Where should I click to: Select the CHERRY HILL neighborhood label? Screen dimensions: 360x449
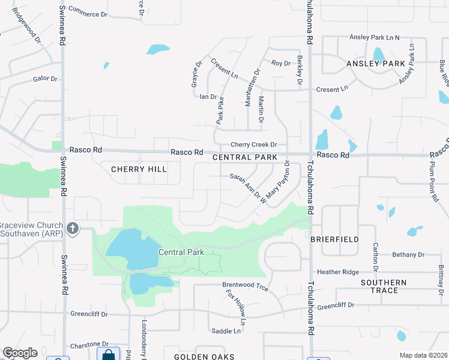tap(139, 170)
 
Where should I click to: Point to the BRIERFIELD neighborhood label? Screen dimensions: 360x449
tap(334, 239)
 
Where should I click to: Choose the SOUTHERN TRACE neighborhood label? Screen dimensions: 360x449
tap(384, 286)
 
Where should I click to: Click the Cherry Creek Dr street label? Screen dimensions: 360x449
tap(254, 145)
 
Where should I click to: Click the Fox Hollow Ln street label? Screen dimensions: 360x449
tap(237, 304)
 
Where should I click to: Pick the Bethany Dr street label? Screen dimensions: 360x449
tap(408, 255)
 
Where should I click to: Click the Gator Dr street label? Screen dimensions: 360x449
tap(45, 79)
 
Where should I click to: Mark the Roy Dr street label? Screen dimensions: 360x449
tap(280, 63)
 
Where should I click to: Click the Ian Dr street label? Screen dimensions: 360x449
tap(208, 97)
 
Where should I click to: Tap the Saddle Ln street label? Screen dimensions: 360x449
tap(226, 331)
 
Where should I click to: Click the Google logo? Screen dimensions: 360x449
tap(20, 353)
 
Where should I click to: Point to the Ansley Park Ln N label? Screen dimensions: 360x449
tap(375, 38)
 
